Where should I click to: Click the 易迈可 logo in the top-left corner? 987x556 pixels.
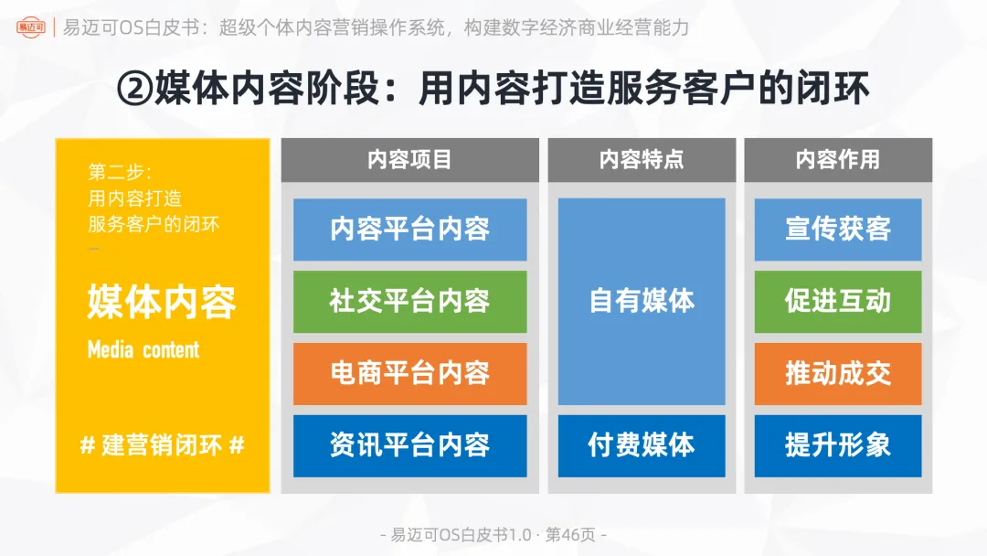[30, 26]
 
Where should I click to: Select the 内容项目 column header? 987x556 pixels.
[409, 159]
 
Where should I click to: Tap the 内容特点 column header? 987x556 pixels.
[642, 159]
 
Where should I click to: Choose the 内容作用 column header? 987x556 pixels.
[837, 159]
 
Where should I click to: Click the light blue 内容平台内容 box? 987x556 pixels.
[409, 229]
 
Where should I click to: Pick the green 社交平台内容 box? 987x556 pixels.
[409, 301]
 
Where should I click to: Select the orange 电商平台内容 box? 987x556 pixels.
[409, 373]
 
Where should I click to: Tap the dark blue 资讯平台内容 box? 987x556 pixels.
[409, 445]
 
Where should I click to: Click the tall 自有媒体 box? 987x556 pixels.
[642, 301]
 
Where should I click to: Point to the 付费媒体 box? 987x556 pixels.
[642, 445]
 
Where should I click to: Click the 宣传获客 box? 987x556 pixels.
[837, 229]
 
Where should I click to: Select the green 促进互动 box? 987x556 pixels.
[837, 301]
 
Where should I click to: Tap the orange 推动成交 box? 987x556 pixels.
[837, 373]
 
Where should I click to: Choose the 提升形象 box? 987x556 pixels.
[837, 445]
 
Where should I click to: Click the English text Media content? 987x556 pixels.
[143, 349]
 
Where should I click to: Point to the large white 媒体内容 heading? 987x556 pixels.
[162, 303]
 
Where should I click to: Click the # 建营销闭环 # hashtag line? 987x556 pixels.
[162, 446]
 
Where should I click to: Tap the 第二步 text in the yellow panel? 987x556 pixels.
[119, 172]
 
